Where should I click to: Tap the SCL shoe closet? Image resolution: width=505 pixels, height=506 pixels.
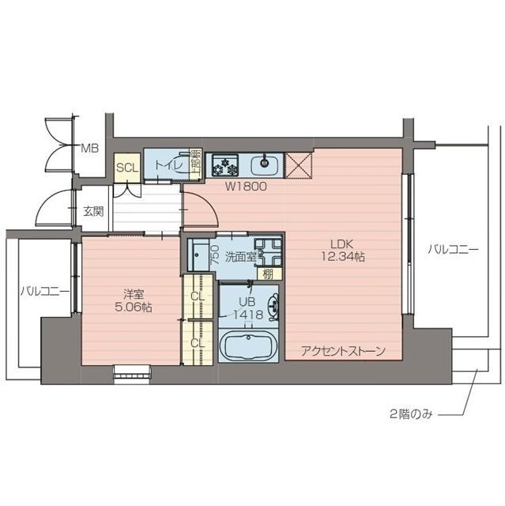127,168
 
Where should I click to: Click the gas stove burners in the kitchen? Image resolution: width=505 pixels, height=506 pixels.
223,165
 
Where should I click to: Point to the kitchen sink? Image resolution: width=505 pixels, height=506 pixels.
265,165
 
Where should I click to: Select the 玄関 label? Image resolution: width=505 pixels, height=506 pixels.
92,211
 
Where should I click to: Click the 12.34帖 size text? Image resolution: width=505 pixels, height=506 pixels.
342,257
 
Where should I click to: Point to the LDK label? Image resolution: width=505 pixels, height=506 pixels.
342,244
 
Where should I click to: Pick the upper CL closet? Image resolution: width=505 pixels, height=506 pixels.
198,296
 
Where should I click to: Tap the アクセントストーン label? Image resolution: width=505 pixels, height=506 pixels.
341,351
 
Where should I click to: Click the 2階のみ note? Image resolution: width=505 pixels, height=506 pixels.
410,413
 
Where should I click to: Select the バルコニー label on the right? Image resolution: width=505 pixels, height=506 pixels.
454,250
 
